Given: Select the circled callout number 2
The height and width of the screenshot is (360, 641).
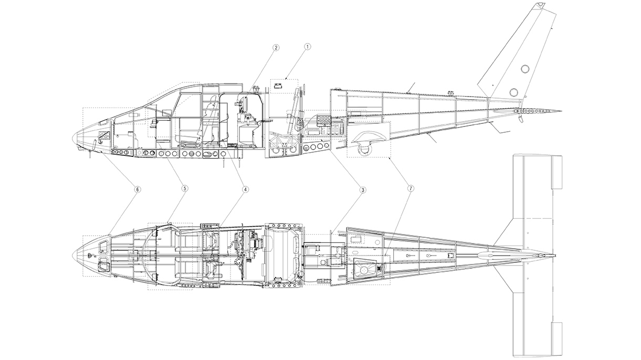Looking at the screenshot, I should point(276,47).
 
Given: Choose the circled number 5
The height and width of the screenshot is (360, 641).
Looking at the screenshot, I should point(185,188).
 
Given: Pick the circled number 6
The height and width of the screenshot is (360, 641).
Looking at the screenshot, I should point(138,188).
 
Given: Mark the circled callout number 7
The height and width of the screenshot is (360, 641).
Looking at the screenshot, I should point(410,188).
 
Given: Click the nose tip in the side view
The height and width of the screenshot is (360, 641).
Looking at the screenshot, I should point(72,137).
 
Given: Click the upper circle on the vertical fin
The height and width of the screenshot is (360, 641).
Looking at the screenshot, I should point(525,69).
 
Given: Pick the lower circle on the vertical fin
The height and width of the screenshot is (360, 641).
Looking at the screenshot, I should point(513,92).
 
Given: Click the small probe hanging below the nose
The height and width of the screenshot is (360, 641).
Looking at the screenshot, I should point(91,151).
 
